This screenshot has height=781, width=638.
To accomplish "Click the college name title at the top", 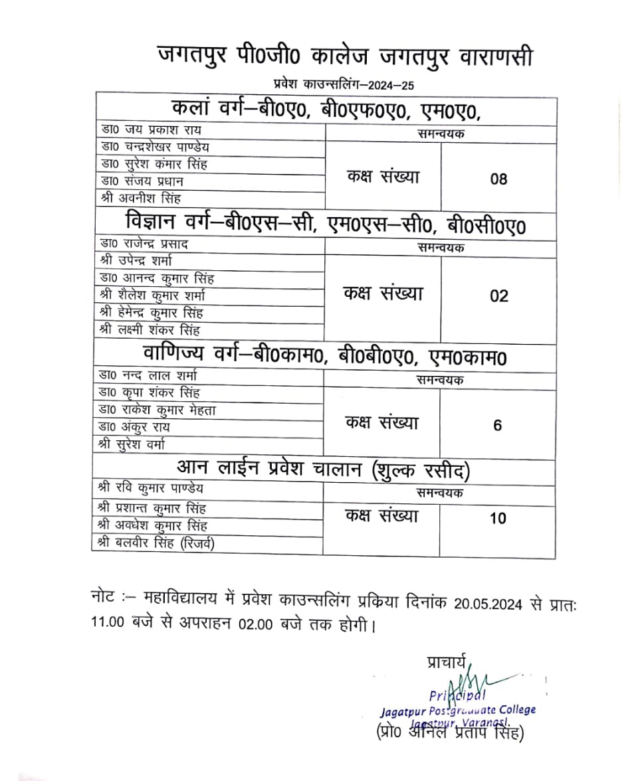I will (345, 56).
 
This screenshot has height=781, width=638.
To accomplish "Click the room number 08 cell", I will (498, 179).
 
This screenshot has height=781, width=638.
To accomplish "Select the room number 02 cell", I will (498, 296).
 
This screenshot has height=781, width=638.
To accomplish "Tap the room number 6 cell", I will (498, 425).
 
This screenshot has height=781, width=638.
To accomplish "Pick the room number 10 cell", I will (498, 518).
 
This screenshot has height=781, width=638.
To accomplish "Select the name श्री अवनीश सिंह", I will (140, 198).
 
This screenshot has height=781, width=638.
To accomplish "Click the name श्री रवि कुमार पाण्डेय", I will (151, 489).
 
